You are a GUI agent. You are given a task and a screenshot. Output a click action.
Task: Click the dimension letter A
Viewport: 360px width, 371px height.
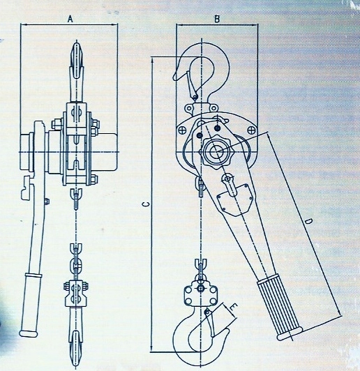click(70, 19)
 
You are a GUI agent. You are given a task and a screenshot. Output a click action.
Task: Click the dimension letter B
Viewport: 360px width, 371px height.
click(217, 19)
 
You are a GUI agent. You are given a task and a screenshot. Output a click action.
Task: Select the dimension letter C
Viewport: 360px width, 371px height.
click(147, 204)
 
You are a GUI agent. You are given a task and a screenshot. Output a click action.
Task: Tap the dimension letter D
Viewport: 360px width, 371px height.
click(308, 222)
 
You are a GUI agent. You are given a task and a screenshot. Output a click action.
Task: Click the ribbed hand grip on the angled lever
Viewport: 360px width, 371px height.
click(279, 310)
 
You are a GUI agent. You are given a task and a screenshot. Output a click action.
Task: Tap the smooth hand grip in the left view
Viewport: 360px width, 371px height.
click(30, 305)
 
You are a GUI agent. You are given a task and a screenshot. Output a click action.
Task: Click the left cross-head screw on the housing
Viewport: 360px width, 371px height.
click(183, 130)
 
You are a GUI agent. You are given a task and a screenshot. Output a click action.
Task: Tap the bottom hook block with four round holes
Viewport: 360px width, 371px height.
click(201, 294)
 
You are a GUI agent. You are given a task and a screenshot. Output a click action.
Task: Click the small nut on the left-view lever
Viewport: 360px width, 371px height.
click(47, 201)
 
